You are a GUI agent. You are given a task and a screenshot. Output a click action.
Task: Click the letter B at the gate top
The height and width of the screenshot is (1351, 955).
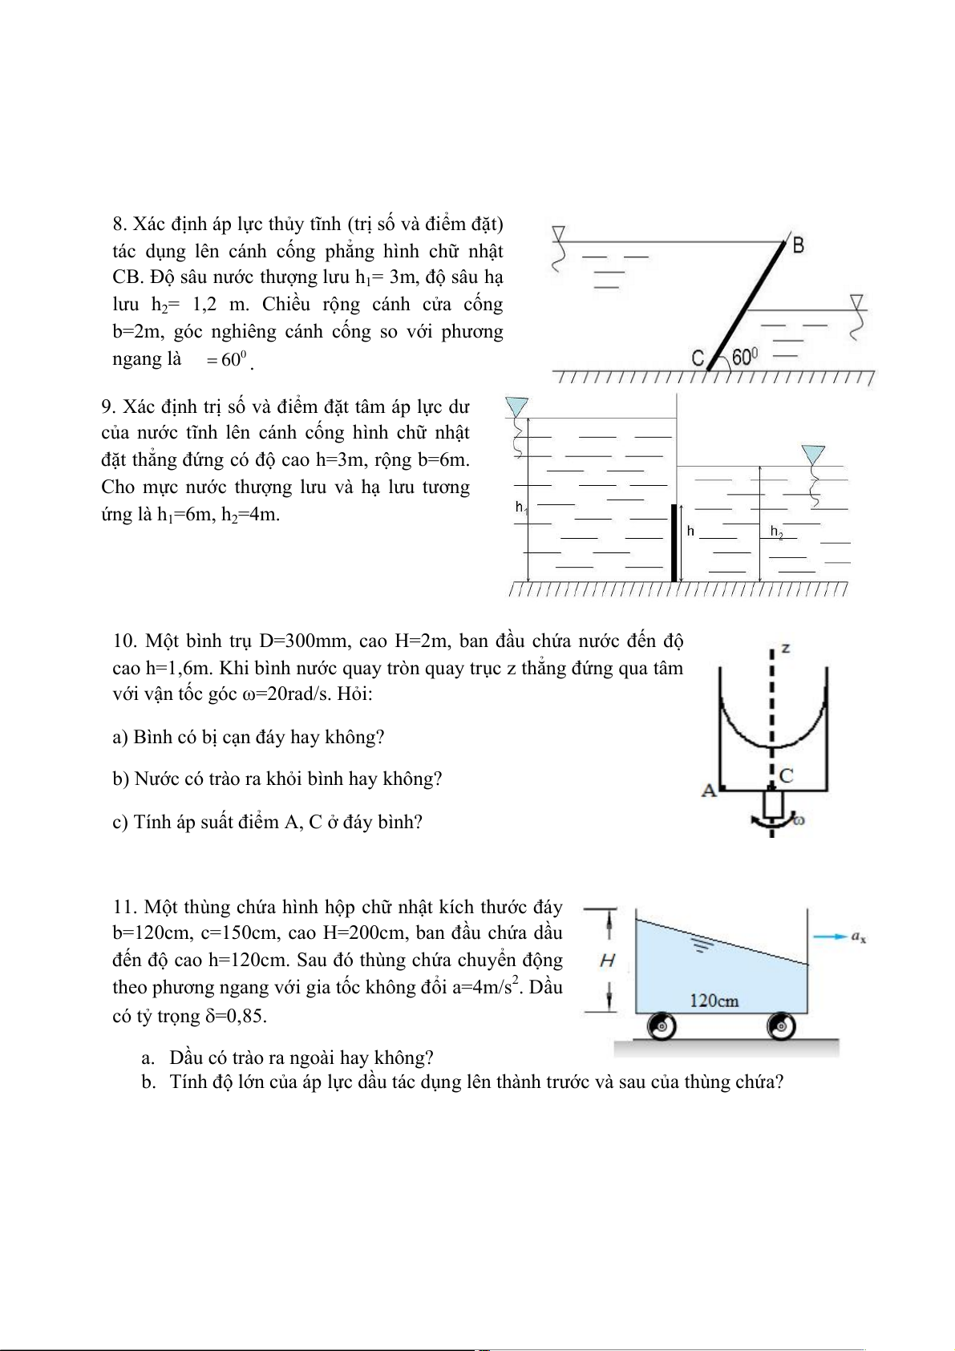coord(798,245)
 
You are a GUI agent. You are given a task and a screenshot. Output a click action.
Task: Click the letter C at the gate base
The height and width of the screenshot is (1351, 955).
coord(698,358)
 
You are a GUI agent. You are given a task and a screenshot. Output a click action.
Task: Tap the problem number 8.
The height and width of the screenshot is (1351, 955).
coord(119,224)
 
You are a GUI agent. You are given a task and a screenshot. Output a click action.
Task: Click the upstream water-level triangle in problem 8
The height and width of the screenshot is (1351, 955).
coord(559,233)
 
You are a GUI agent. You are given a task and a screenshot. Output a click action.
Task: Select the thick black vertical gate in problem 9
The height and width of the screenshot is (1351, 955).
coord(674,543)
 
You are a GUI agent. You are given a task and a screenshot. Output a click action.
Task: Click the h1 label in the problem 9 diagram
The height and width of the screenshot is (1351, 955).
coord(520,507)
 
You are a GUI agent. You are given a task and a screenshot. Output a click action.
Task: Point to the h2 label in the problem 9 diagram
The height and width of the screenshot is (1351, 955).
coord(776,532)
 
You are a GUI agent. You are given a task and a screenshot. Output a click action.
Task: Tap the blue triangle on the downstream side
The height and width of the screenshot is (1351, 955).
coord(814,455)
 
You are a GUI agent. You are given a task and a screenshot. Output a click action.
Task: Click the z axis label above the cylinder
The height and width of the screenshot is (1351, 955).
coord(786,648)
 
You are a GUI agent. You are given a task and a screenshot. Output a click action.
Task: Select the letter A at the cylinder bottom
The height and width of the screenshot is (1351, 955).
coord(709,791)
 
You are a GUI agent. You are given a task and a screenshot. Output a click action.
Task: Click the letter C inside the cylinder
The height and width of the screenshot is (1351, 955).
coord(786,775)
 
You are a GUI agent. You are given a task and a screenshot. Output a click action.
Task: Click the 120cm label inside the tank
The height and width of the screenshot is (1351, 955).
coord(714,1001)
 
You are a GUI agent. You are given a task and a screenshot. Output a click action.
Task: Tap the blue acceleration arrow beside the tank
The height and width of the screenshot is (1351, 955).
coord(830,936)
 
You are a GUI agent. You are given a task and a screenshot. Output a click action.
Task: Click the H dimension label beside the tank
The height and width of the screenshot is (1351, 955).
coord(607,960)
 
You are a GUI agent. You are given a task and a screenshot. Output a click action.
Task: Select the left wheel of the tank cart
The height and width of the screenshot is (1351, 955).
coord(662,1025)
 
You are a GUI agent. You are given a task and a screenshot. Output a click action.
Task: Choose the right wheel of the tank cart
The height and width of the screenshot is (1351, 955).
coord(781,1025)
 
